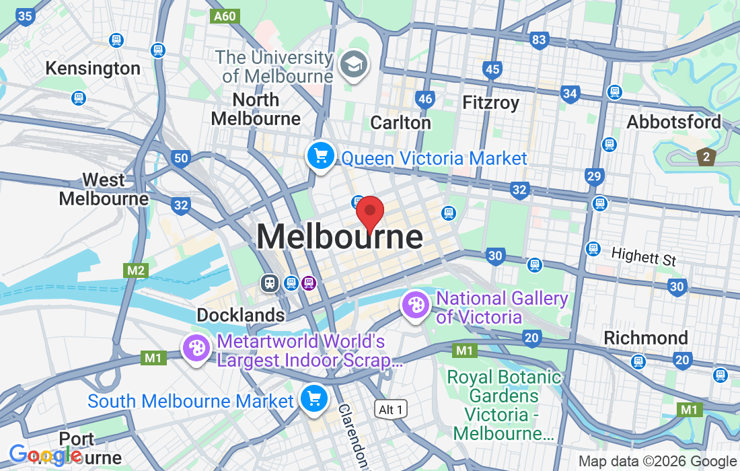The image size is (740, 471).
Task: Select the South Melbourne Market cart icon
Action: (313, 398)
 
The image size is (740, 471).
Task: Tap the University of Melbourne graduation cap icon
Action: (353, 65)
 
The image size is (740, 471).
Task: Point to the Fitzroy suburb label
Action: (491, 103)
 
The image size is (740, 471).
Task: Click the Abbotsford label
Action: (673, 122)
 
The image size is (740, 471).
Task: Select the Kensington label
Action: (93, 68)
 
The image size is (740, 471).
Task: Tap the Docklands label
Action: (241, 315)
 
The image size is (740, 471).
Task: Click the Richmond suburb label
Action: (646, 337)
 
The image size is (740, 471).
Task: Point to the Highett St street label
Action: (643, 256)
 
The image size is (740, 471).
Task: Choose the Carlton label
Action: (401, 122)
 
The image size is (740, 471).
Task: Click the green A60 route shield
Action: (225, 16)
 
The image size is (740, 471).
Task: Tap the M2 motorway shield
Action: (136, 270)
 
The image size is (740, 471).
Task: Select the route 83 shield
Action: (539, 40)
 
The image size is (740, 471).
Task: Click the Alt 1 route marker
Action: (391, 409)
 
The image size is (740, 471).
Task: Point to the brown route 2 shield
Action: (706, 157)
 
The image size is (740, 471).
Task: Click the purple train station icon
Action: (309, 283)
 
